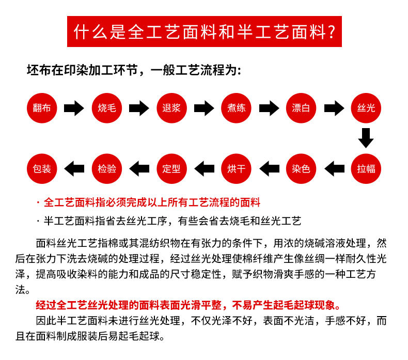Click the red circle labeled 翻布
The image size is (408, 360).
point(42,108)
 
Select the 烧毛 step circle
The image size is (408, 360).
point(107,108)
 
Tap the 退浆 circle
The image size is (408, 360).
point(171,108)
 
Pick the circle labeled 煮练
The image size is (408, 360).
point(236,108)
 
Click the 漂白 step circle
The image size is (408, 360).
point(301,108)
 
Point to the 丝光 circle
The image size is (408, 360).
point(366,108)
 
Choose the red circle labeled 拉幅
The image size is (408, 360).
point(366,169)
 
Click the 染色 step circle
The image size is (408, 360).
point(301,169)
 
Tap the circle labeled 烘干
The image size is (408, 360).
point(236,169)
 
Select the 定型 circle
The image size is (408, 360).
point(171,169)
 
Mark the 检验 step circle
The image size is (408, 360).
point(107,169)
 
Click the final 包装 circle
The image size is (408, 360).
point(42,169)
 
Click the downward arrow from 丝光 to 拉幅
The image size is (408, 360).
point(366,138)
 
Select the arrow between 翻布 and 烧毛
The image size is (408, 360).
point(74,108)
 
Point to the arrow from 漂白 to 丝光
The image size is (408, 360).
point(334,108)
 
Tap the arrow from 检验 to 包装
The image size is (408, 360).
point(74,169)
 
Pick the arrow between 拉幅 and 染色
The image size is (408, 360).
point(334,169)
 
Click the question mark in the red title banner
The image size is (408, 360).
point(332,32)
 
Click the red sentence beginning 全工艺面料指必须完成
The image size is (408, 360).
point(152,202)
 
